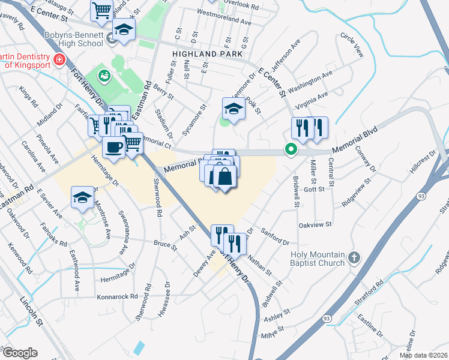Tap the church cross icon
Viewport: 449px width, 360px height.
pos(354,258)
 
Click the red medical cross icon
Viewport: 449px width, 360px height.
pos(59,60)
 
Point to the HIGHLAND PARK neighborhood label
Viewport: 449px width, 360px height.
pos(207,54)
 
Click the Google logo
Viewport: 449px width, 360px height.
pos(19,353)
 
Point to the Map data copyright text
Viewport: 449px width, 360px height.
pos(424,355)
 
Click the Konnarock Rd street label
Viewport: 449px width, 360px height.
pos(116,297)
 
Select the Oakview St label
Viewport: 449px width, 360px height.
pos(315,224)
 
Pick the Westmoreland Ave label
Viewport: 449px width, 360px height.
pos(223,21)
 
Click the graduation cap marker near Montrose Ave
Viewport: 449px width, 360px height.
pos(82,196)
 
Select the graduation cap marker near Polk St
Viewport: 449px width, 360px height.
pos(234,107)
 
